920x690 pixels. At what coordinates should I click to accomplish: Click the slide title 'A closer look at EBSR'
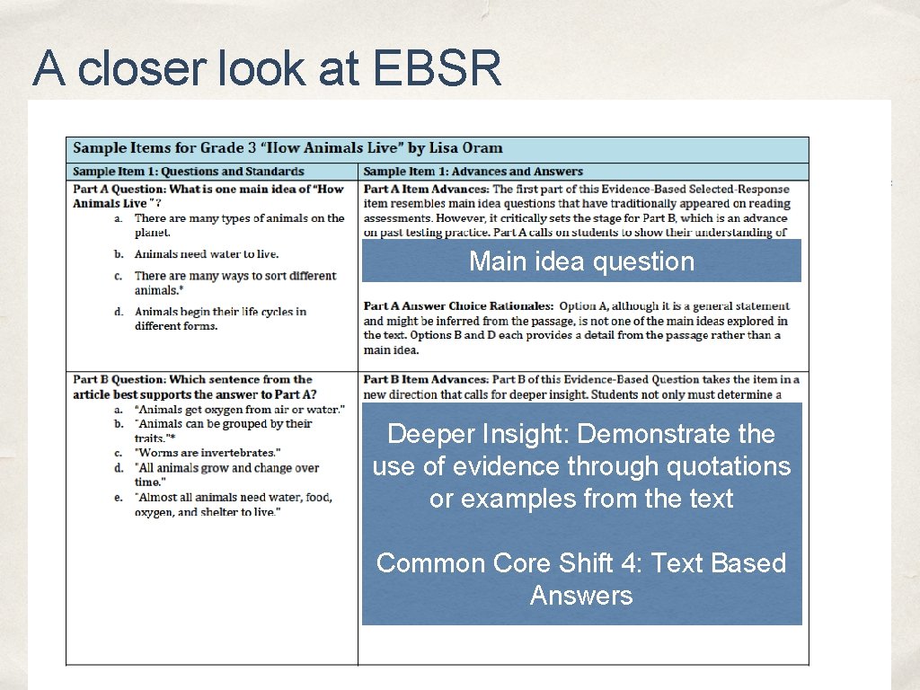(x=267, y=67)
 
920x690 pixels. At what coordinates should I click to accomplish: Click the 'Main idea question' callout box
(x=581, y=261)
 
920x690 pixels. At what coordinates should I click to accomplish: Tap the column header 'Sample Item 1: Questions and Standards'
(x=188, y=172)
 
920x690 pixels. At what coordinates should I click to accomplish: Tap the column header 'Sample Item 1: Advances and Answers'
(x=473, y=172)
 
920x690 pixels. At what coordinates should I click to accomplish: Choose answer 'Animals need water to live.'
(x=206, y=254)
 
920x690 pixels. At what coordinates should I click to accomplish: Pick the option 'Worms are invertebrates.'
(x=207, y=453)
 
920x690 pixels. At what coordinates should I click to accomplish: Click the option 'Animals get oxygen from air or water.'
(x=239, y=410)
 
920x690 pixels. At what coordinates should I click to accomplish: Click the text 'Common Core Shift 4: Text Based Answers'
(x=581, y=579)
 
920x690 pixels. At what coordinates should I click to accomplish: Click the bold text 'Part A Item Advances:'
(x=426, y=189)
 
